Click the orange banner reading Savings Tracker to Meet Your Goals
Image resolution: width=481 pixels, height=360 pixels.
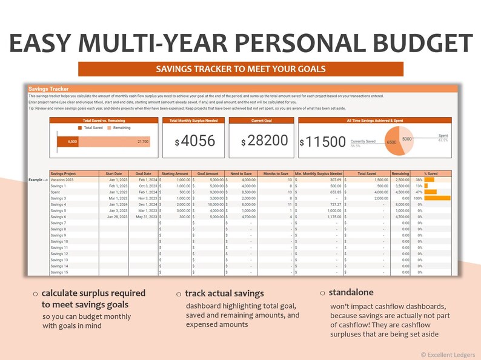point(240,69)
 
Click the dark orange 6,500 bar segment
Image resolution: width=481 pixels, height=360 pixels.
point(67,141)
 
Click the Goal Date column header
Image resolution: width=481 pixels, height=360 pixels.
point(143,173)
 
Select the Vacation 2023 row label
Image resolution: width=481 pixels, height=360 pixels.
point(62,180)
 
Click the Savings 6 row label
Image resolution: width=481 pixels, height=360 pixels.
point(58,217)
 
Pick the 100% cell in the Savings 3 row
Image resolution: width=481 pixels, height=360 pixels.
point(418,198)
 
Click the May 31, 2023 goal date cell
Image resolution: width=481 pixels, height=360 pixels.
point(144,217)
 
